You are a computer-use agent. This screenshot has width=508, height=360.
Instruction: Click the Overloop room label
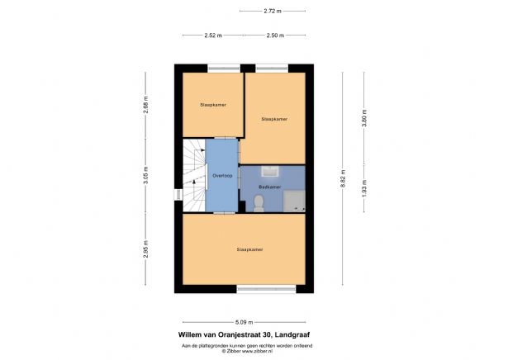point(221,176)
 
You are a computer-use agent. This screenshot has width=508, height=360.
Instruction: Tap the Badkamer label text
point(270,187)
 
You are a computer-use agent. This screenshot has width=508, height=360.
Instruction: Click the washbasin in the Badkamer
point(270,173)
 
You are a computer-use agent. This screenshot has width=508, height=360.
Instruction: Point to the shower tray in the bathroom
point(296,200)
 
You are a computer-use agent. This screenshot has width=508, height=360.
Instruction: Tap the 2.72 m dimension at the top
point(272,12)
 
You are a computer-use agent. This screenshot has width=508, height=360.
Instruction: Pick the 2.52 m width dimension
point(214,36)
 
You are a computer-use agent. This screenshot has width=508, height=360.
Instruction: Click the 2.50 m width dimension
point(275,36)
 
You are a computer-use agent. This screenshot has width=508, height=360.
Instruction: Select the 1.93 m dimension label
point(363,189)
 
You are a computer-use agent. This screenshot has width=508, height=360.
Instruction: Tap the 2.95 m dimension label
point(145,253)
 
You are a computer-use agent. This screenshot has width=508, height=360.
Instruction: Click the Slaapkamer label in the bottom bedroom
point(249,249)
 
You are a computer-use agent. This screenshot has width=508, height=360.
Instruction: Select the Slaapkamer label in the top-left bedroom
point(212,105)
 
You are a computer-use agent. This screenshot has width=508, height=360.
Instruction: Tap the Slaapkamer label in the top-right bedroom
point(274,119)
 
